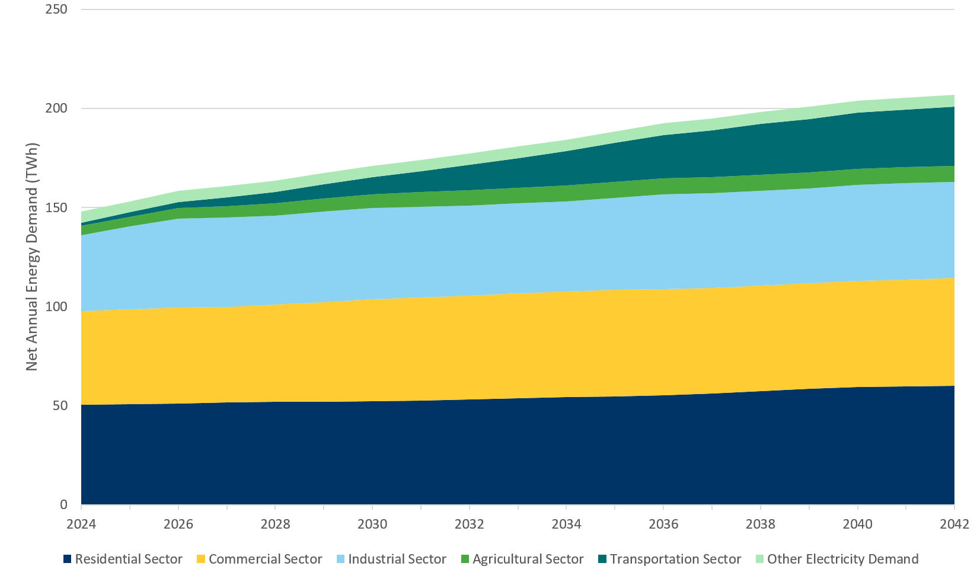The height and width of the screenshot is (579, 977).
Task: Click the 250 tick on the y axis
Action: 56,9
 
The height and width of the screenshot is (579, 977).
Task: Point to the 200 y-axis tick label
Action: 56,108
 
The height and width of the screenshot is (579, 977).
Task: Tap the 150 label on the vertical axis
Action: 56,207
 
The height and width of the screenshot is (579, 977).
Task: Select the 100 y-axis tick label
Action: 56,306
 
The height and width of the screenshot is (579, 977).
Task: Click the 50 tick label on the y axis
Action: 59,405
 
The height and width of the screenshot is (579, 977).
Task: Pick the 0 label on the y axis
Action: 63,505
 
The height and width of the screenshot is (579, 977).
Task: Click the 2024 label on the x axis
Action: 81,524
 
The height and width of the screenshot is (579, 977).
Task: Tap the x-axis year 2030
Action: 372,524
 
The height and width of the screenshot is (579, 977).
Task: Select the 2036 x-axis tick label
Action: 663,524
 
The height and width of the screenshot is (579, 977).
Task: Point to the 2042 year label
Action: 954,524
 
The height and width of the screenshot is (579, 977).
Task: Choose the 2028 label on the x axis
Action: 275,524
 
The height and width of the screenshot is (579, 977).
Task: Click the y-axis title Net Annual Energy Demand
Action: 32,257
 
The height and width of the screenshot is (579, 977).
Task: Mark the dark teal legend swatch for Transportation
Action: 602,559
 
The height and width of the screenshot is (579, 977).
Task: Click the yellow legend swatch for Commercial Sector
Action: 201,559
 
